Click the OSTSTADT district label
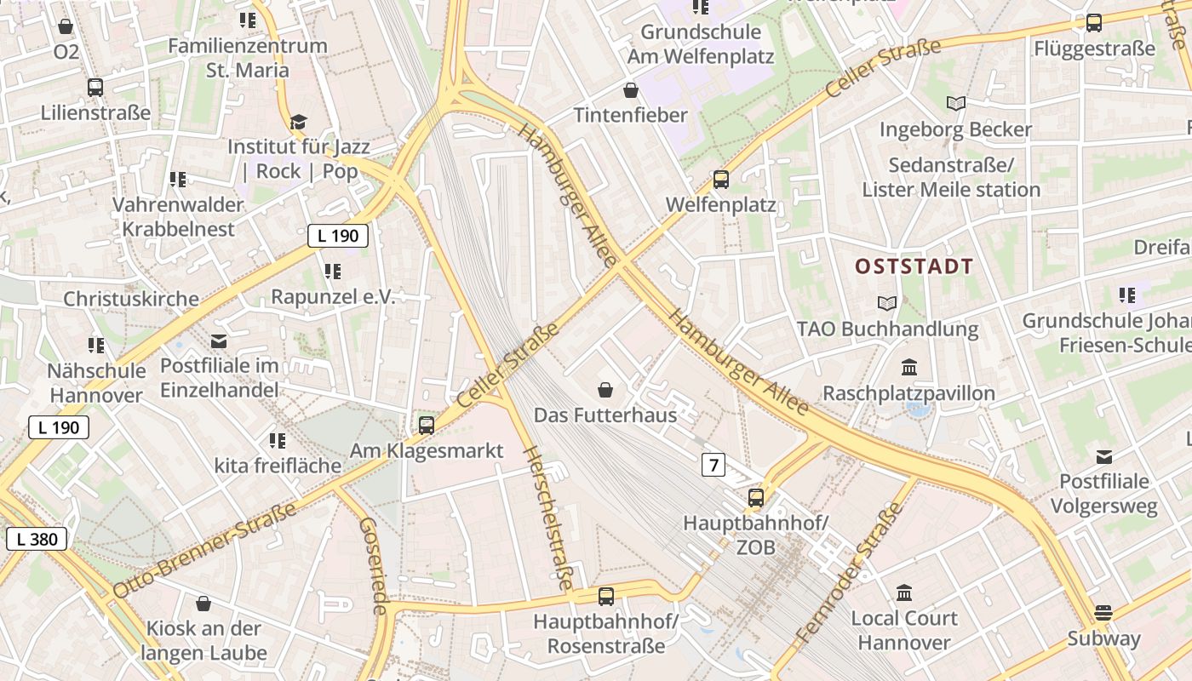914,266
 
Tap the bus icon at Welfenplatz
721,180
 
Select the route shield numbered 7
713,465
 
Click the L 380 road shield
37,538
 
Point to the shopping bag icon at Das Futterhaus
605,390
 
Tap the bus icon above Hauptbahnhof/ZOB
756,498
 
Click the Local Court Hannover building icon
904,592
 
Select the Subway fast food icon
1103,613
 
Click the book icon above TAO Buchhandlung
887,303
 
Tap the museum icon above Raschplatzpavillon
909,368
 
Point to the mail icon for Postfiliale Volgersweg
1104,457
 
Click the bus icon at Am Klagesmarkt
427,425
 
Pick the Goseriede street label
375,565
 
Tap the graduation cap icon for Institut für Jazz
297,122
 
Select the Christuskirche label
131,299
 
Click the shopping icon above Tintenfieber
631,90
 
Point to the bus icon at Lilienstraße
95,87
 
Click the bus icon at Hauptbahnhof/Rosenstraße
606,597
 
